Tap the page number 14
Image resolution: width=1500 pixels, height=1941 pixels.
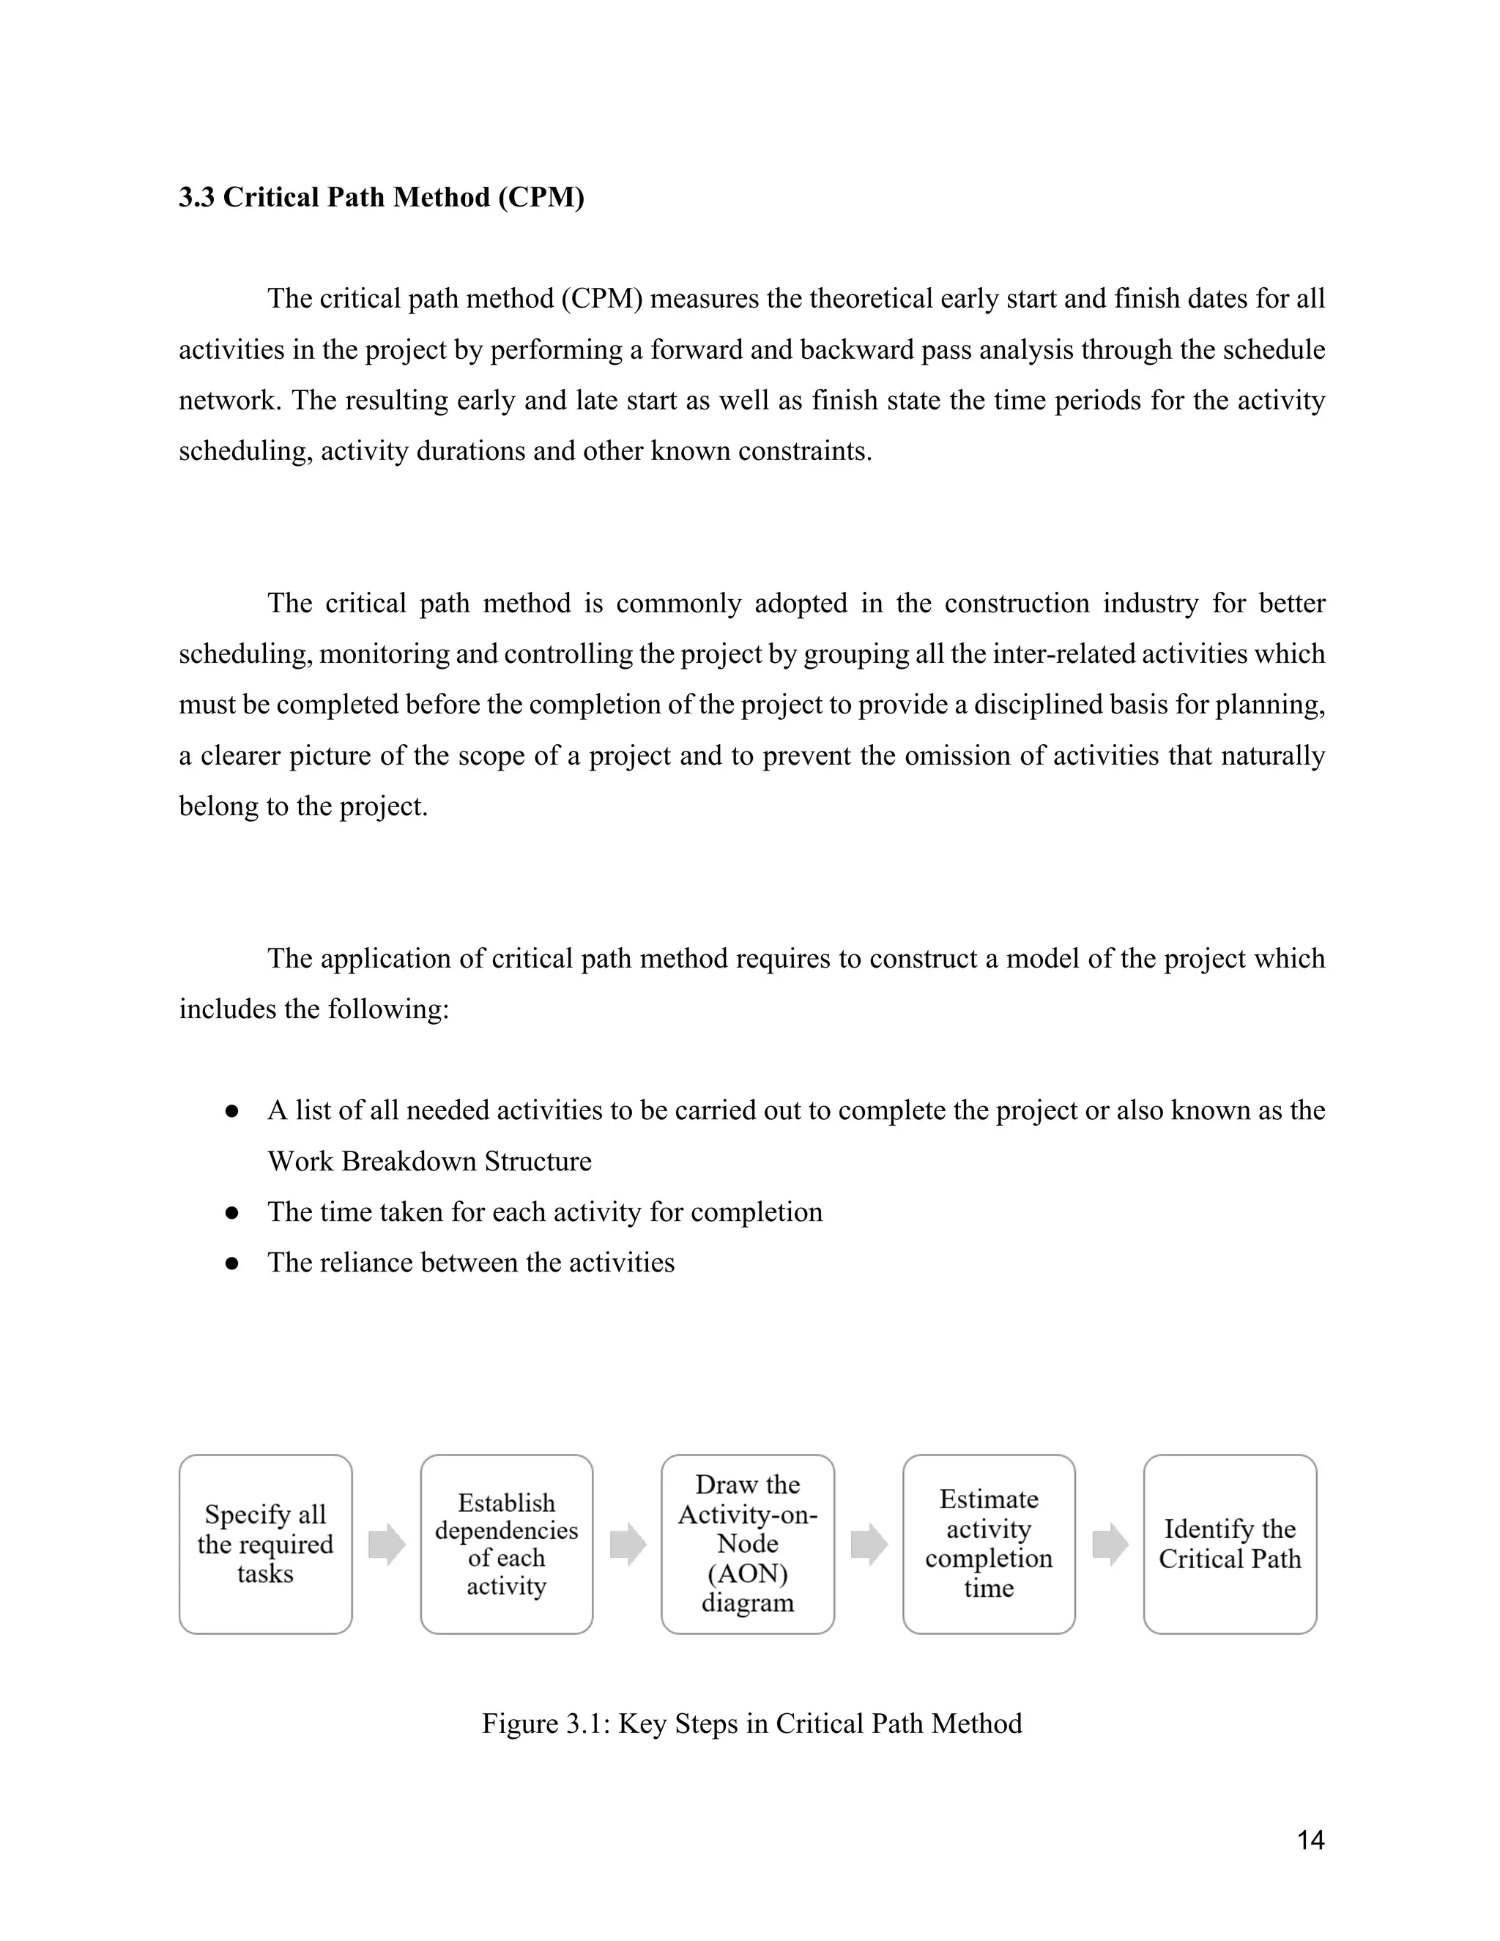click(x=1310, y=1840)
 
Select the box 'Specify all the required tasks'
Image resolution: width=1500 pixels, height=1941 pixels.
click(x=265, y=1545)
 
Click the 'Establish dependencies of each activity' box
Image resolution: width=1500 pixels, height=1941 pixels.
click(x=507, y=1545)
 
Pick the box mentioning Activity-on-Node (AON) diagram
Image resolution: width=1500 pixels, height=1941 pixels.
click(x=747, y=1545)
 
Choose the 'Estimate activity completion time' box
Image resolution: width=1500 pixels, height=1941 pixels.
click(x=988, y=1545)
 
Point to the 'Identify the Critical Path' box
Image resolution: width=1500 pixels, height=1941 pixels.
click(x=1230, y=1545)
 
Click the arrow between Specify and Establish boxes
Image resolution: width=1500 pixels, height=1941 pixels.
click(x=387, y=1545)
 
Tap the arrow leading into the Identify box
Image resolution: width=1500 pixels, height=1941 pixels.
click(x=1110, y=1545)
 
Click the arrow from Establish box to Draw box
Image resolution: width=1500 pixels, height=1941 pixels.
click(x=628, y=1545)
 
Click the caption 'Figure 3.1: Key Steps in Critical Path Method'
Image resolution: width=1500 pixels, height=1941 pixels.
click(x=751, y=1723)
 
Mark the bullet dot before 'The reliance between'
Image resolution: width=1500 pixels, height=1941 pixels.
click(x=233, y=1263)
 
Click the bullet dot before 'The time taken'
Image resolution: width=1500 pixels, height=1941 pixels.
click(x=233, y=1212)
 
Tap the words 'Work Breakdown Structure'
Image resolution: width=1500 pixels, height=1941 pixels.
click(x=429, y=1162)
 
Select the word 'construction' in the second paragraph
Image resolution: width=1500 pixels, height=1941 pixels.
click(x=1016, y=604)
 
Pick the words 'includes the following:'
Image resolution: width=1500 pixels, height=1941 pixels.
click(x=313, y=1009)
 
